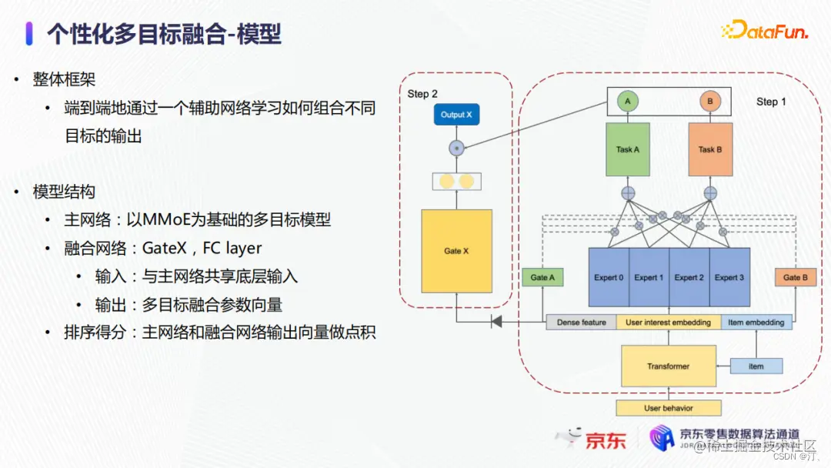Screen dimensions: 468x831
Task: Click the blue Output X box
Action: (457, 115)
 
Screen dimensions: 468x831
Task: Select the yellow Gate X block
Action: (456, 251)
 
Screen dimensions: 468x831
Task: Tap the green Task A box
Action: (628, 149)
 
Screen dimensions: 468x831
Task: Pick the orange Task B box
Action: (709, 149)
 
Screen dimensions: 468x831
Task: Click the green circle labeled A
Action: (628, 101)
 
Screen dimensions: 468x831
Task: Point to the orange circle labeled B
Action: (709, 101)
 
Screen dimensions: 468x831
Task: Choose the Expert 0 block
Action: (609, 277)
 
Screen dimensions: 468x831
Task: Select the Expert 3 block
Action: (729, 277)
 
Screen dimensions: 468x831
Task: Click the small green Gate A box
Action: (542, 277)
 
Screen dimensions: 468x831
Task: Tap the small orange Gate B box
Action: (795, 277)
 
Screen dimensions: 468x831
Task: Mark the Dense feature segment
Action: (582, 323)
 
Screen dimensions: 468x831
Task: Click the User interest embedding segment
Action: (668, 323)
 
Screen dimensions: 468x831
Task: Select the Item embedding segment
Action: (756, 323)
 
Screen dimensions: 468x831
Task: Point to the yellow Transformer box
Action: (668, 366)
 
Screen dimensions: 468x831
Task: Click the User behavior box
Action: (668, 408)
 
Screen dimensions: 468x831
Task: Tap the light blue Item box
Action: (756, 366)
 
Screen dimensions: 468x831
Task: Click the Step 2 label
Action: (422, 94)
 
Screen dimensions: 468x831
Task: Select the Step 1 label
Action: (771, 102)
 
